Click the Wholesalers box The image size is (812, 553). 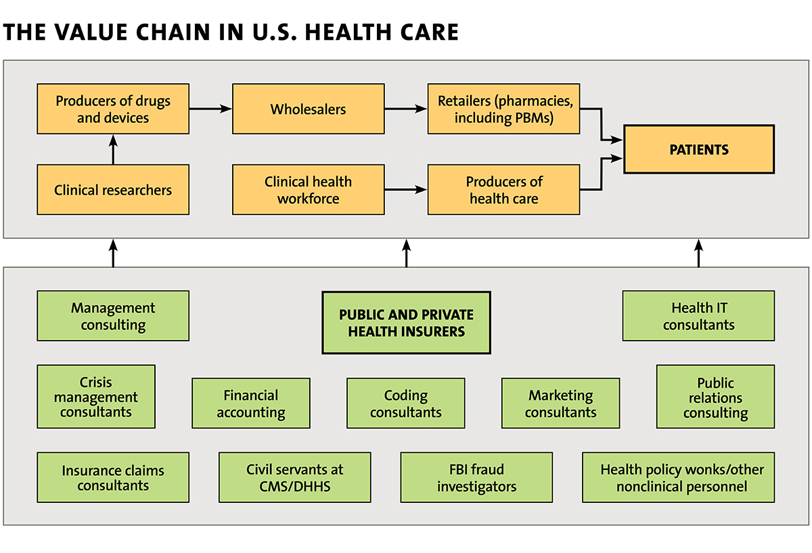pos(308,109)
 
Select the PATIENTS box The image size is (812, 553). pos(699,149)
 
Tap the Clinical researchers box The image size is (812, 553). pos(113,190)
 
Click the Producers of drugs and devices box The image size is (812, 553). pos(113,109)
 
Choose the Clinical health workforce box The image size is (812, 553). pos(308,190)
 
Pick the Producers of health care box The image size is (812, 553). pos(504,190)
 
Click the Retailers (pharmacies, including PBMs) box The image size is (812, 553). pos(504,109)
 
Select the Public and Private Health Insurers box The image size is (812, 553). pos(407,322)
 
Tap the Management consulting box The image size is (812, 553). pos(113,316)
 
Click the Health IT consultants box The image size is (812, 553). pos(698,316)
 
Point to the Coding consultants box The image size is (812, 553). pos(405,404)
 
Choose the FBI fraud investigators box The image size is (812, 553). pos(476,477)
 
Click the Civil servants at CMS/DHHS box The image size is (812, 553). pos(295,477)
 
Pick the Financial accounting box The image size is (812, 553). pos(251,404)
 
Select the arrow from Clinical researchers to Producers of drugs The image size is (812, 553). pos(113,149)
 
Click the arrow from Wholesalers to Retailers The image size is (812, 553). pos(406,109)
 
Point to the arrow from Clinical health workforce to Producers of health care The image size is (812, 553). pos(406,189)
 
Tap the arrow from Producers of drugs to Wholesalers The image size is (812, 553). pos(210,109)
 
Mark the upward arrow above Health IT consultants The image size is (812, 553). pos(698,253)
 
